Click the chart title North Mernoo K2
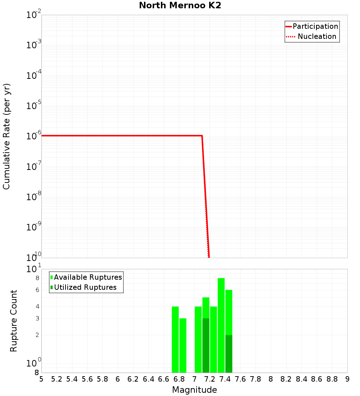coord(180,6)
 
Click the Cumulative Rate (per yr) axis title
coord(6,136)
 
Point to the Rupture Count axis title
coord(14,321)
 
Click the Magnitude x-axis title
coord(194,390)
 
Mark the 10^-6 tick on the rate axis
coord(34,136)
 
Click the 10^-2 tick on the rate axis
coord(34,15)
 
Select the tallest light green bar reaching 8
coord(221,324)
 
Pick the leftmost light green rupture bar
coord(175,338)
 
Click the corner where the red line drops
coord(202,136)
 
